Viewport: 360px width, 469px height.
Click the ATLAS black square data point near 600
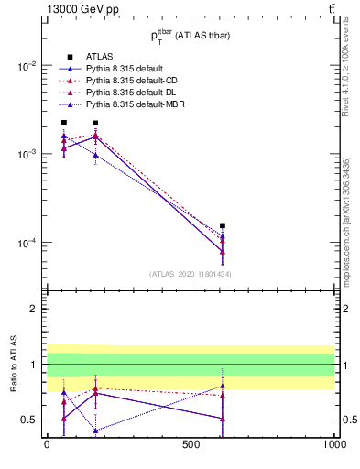click(223, 225)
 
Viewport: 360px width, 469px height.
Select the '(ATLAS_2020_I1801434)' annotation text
click(191, 274)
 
